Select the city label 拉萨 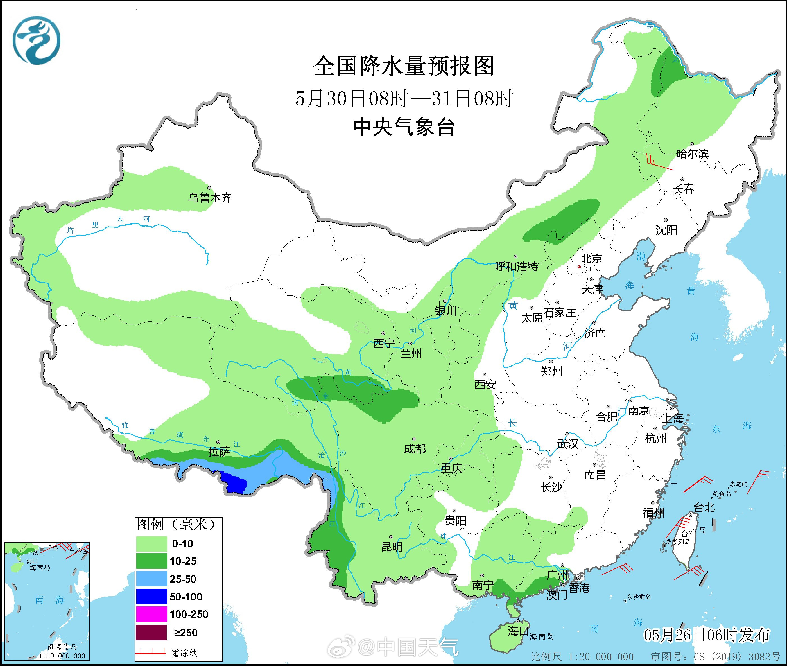[x=219, y=452]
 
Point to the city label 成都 [x=415, y=449]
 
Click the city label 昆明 [x=392, y=547]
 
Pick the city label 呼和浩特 [x=516, y=267]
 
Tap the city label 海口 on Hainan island [x=518, y=631]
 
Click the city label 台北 [x=704, y=507]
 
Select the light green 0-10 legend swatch [x=151, y=544]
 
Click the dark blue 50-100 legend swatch [x=151, y=597]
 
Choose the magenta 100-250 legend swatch [x=151, y=614]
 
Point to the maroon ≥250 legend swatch [x=151, y=632]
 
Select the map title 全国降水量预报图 [x=404, y=66]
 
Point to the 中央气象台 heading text [x=404, y=127]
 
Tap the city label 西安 [x=485, y=384]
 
